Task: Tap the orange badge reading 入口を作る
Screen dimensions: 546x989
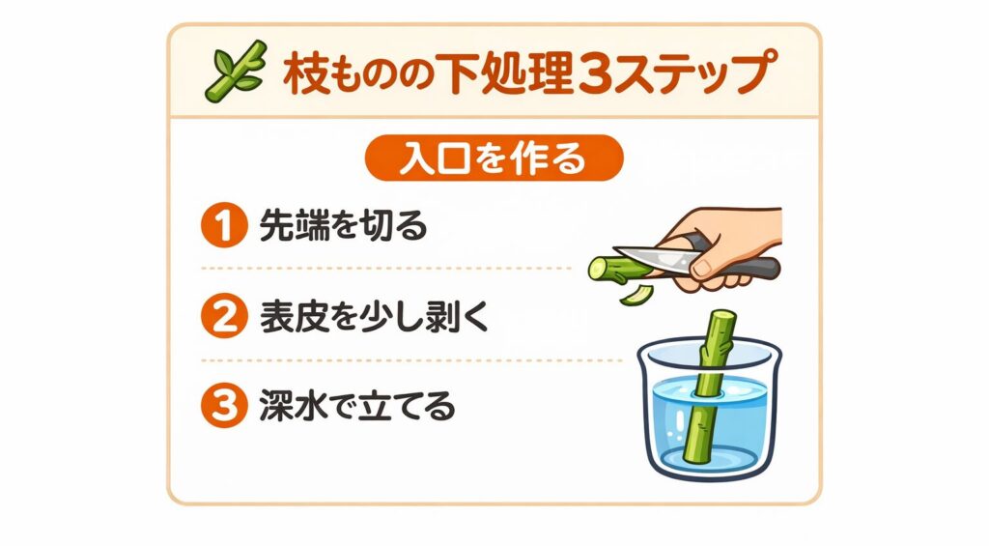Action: tap(494, 158)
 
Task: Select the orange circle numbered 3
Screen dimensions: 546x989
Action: tap(220, 406)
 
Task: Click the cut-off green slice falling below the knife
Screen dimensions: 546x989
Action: tap(634, 291)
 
